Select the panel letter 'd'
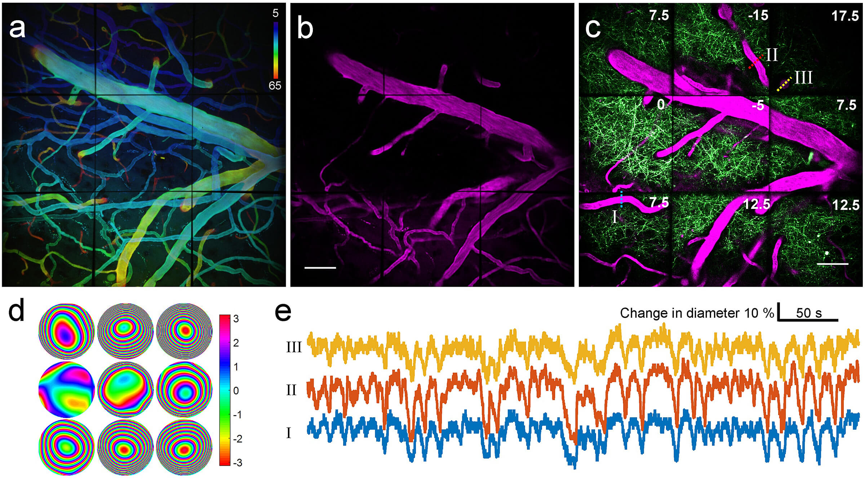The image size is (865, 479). pyautogui.click(x=17, y=310)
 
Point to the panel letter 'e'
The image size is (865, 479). pyautogui.click(x=283, y=312)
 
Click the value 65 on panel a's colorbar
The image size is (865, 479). pyautogui.click(x=275, y=85)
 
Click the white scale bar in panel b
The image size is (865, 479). pyautogui.click(x=320, y=268)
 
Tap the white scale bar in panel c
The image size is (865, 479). pyautogui.click(x=832, y=264)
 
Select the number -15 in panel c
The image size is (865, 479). pyautogui.click(x=758, y=15)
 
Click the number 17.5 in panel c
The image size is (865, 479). pyautogui.click(x=845, y=16)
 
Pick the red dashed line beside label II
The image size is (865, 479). pyautogui.click(x=755, y=62)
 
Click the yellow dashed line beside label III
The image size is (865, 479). pyautogui.click(x=784, y=84)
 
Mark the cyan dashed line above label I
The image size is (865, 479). pyautogui.click(x=621, y=199)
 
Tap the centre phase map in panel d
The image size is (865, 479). pyautogui.click(x=125, y=390)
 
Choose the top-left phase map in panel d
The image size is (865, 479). pyautogui.click(x=66, y=331)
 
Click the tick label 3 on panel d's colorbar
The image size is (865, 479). pyautogui.click(x=236, y=319)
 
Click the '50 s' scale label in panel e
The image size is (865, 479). pyautogui.click(x=809, y=313)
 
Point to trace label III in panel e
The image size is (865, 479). pyautogui.click(x=294, y=347)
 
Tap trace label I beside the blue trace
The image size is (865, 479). pyautogui.click(x=288, y=433)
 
